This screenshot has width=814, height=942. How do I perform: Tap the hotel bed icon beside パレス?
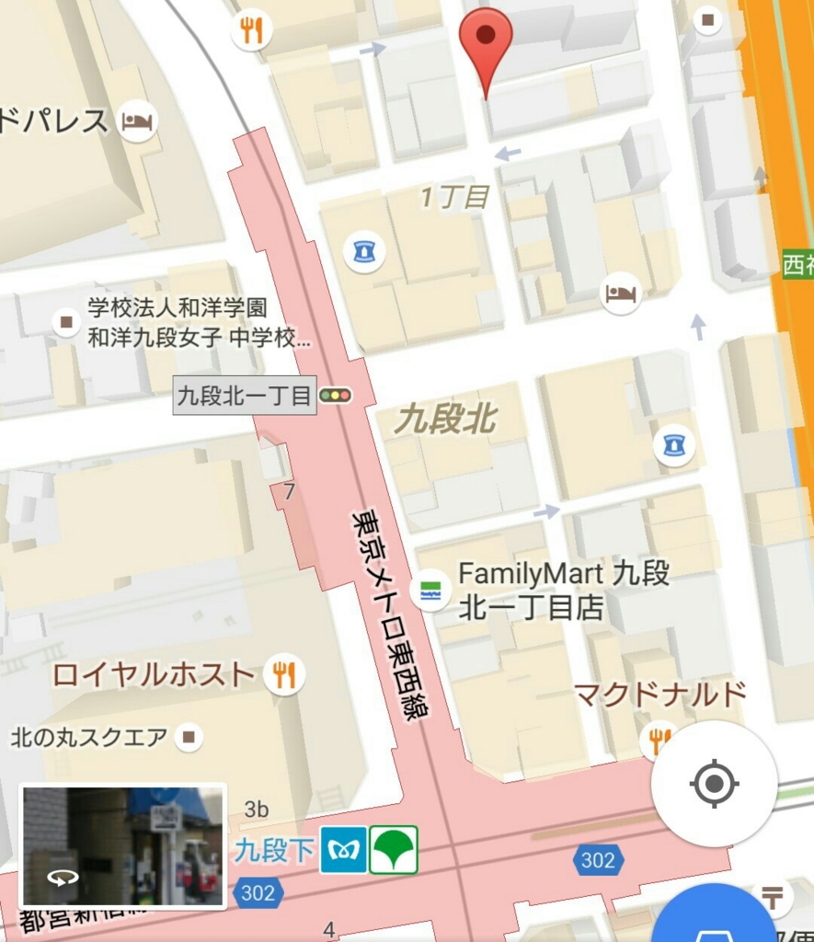[x=137, y=121]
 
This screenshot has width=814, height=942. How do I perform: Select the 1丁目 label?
[x=453, y=197]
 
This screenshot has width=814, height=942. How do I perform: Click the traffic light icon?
[x=336, y=396]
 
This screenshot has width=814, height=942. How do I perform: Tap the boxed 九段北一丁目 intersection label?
[x=245, y=396]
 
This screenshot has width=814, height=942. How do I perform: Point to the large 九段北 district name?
[x=445, y=420]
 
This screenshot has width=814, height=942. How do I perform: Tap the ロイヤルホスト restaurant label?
[x=153, y=675]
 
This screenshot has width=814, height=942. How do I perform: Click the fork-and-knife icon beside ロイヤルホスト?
[x=284, y=675]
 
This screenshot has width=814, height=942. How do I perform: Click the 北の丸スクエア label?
[x=89, y=737]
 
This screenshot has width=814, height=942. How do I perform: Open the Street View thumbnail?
[x=122, y=846]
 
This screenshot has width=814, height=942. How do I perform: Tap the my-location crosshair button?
[x=714, y=784]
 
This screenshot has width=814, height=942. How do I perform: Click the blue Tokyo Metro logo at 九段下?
[x=343, y=850]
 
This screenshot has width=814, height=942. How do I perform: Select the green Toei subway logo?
[x=394, y=850]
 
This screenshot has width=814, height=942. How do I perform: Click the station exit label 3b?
[x=257, y=810]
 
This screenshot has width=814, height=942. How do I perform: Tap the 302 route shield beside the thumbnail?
[x=257, y=892]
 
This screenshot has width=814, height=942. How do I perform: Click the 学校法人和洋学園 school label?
[x=178, y=308]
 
